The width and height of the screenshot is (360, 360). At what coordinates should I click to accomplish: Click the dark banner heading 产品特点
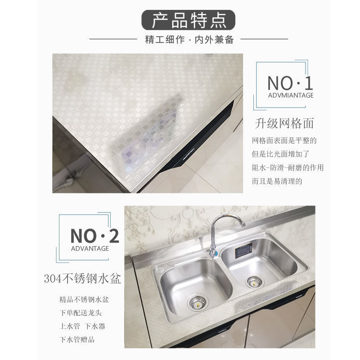[x=188, y=20]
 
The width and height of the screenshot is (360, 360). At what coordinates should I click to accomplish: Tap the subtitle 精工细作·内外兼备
[x=189, y=40]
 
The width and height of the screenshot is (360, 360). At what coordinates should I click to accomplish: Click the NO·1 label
[x=290, y=83]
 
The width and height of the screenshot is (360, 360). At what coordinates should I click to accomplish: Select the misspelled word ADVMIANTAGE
[x=291, y=95]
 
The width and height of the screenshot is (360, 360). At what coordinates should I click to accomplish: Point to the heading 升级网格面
[x=284, y=123]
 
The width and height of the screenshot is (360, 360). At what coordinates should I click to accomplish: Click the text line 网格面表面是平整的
[x=284, y=140]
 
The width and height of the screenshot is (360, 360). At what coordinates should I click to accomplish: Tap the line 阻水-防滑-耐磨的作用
[x=288, y=167]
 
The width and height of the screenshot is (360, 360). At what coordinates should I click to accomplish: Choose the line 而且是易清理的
[x=277, y=181]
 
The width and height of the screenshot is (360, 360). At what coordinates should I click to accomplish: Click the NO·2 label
[x=94, y=236]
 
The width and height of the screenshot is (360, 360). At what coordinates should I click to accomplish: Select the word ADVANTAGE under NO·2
[x=90, y=248]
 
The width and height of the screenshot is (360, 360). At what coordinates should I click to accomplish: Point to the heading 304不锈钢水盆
[x=82, y=279]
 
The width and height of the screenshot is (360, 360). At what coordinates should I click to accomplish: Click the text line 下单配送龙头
[x=81, y=313]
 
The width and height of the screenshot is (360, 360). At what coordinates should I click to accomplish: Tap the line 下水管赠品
[x=77, y=340]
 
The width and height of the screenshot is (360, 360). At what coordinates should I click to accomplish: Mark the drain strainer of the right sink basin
[x=254, y=282]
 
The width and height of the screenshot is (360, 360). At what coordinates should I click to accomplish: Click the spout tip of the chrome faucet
[x=243, y=224]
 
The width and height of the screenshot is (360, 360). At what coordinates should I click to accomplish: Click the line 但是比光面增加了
[x=280, y=154]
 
